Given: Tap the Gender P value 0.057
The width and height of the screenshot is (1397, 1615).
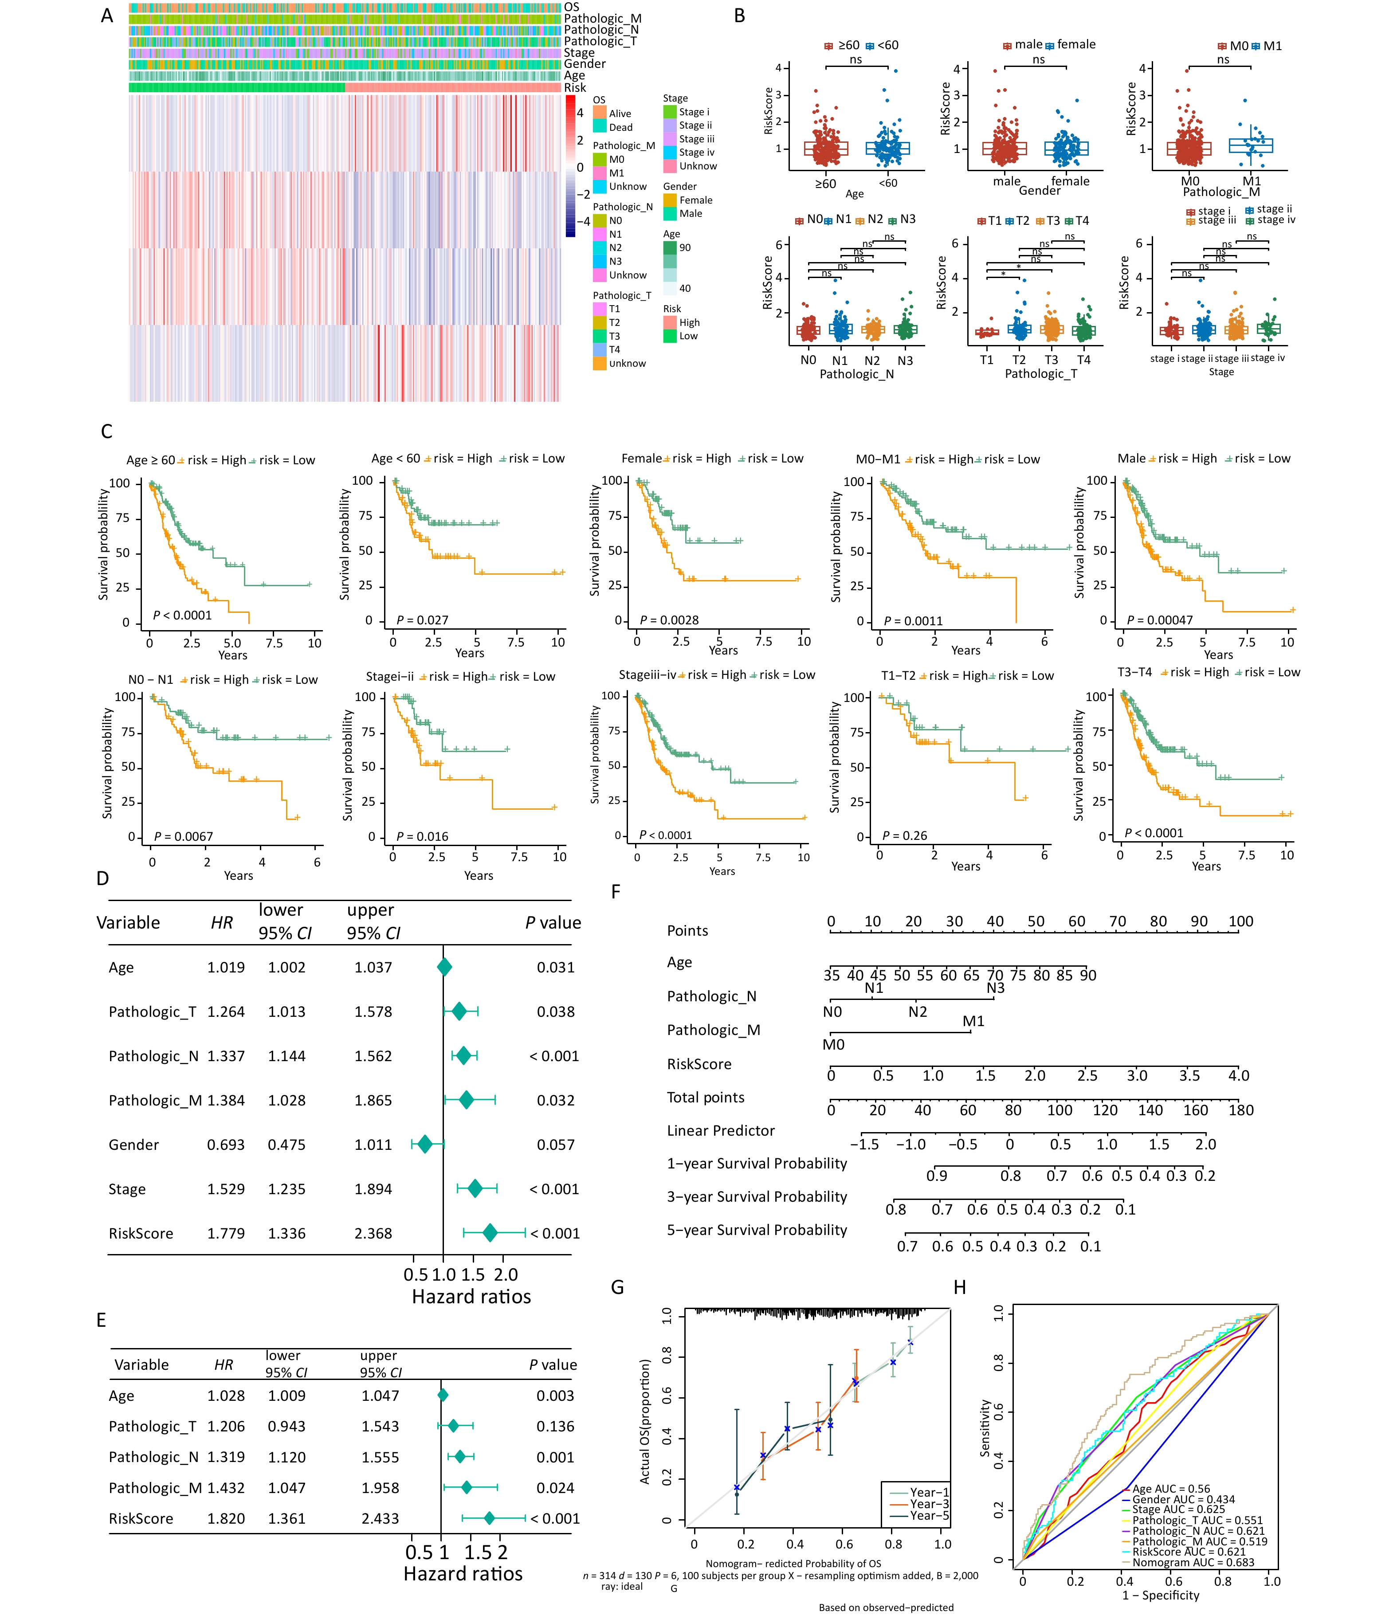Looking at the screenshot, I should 555,1144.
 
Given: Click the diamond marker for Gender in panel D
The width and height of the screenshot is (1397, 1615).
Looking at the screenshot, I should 425,1144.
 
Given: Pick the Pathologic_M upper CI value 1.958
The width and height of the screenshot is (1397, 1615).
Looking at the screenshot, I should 380,1487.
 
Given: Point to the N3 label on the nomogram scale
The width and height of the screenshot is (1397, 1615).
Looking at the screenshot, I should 996,988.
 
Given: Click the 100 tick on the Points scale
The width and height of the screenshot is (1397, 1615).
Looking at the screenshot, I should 1240,921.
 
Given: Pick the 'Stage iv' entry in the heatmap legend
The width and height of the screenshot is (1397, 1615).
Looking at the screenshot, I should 696,152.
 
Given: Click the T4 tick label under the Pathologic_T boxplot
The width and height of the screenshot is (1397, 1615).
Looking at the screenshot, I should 1083,359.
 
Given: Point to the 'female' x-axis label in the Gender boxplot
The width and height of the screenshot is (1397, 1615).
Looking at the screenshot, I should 1070,181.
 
